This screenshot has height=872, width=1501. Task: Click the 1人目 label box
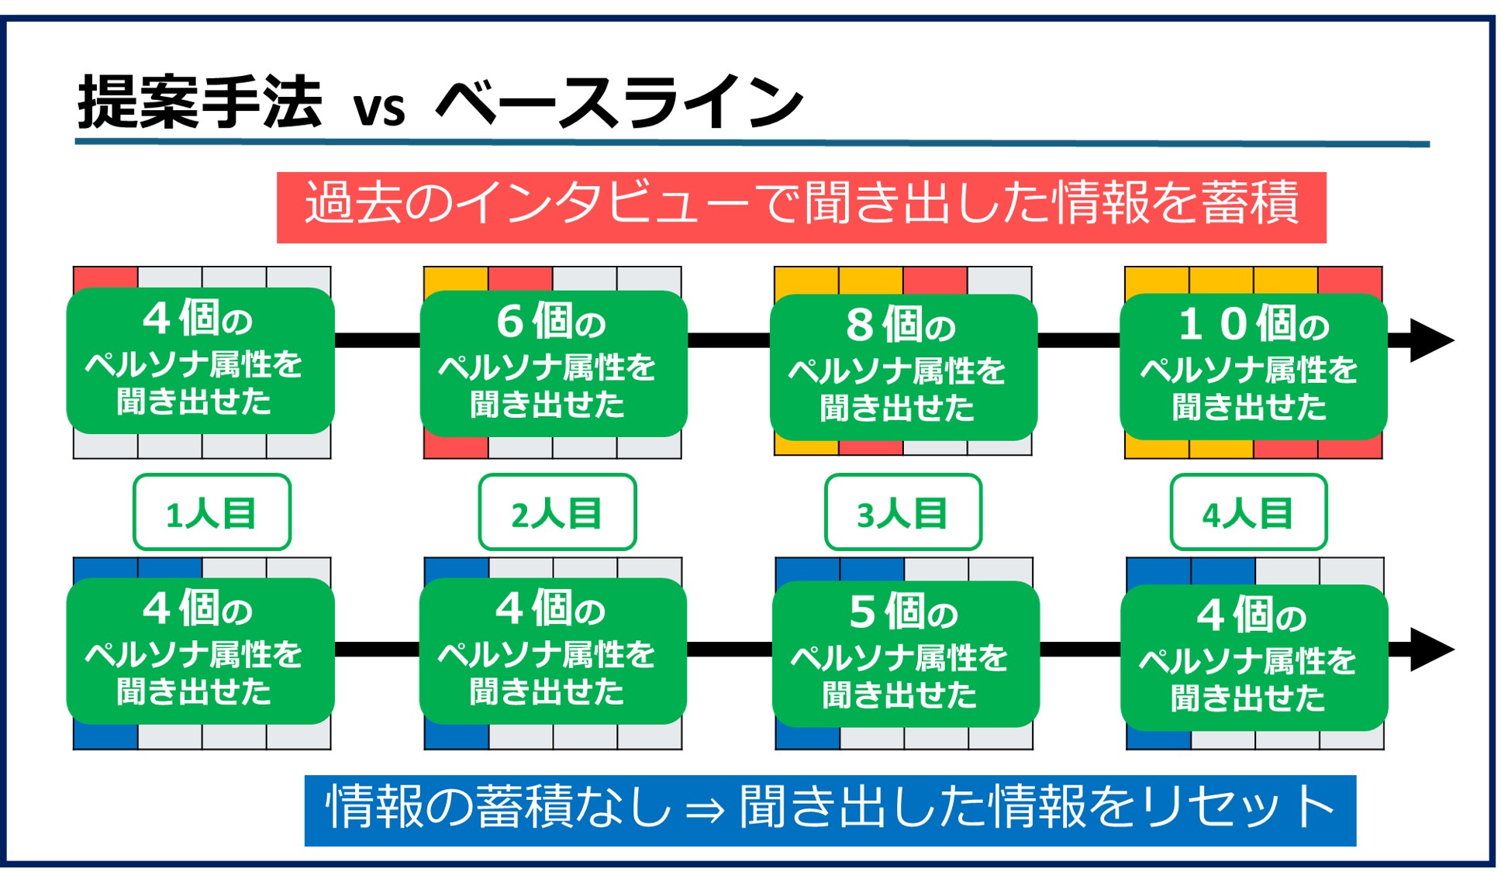click(212, 512)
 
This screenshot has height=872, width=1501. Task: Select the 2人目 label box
click(557, 512)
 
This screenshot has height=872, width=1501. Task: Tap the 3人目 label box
click(902, 512)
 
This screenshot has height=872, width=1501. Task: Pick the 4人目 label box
click(1247, 512)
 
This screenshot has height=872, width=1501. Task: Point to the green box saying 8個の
click(902, 367)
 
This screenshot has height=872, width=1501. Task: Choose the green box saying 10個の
click(1253, 366)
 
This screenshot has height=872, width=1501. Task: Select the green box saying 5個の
click(905, 654)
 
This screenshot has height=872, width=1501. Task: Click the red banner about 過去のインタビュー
click(801, 207)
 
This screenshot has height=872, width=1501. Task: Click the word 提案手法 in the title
click(199, 102)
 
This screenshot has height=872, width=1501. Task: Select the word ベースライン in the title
click(619, 102)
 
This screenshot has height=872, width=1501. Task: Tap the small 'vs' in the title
click(379, 109)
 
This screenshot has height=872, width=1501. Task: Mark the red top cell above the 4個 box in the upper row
click(105, 277)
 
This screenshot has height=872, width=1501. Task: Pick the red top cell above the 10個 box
click(1350, 279)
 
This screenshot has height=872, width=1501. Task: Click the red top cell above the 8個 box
click(935, 280)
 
